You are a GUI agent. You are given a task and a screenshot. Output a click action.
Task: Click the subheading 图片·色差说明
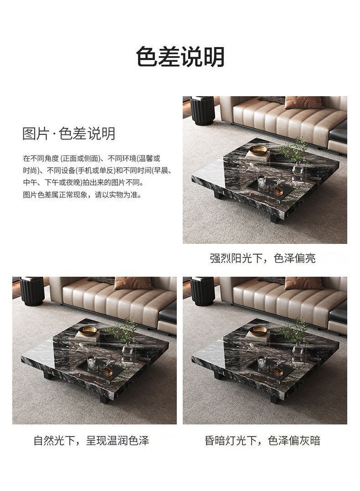pyautogui.click(x=69, y=134)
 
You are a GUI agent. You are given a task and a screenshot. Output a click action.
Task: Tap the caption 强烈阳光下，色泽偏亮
pyautogui.click(x=262, y=258)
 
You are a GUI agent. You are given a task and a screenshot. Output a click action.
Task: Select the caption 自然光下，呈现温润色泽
pyautogui.click(x=91, y=440)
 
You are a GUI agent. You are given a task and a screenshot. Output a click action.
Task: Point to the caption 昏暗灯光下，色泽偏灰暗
pyautogui.click(x=262, y=440)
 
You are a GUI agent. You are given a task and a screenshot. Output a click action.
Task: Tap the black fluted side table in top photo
pyautogui.click(x=202, y=110)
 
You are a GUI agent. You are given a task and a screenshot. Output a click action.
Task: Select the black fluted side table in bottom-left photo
pyautogui.click(x=32, y=291)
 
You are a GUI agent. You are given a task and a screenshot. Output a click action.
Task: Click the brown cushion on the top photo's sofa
pyautogui.click(x=303, y=102)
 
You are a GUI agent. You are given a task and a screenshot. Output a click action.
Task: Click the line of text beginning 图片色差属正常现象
pyautogui.click(x=82, y=195)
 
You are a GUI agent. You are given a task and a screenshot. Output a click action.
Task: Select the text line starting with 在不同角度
pyautogui.click(x=92, y=159)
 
